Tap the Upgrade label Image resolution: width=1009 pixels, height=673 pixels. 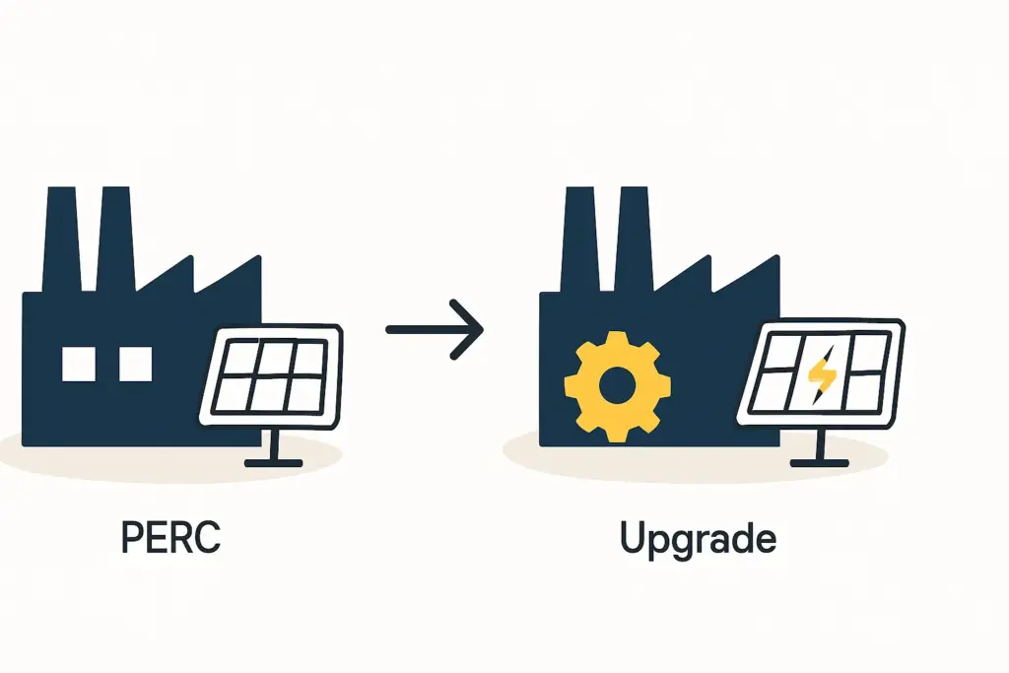(698, 540)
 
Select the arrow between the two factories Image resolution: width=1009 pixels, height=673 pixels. (434, 328)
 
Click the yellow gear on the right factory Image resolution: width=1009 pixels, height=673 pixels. (617, 385)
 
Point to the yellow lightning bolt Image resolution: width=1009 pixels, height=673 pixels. (821, 372)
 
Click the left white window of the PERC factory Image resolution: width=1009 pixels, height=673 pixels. (79, 364)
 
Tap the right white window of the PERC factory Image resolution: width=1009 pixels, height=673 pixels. (136, 364)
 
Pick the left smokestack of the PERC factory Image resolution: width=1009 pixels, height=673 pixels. (62, 236)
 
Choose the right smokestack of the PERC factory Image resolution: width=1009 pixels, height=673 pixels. (116, 236)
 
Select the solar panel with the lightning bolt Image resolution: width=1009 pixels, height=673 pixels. (821, 373)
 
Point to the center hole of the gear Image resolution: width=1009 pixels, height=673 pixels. (617, 385)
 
